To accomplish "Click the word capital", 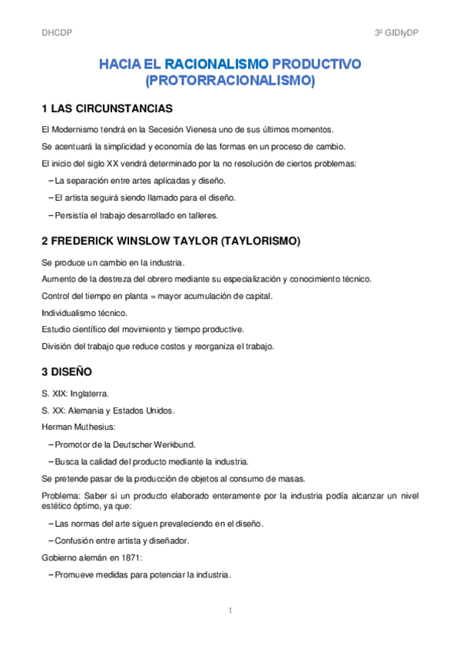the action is click(256, 296).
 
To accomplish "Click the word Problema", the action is click(61, 496).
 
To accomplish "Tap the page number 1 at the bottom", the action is click(230, 610).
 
